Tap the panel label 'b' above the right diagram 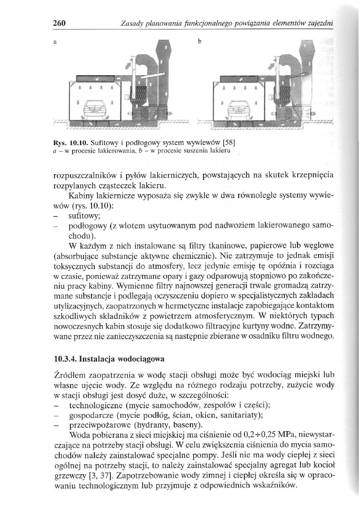[199, 42]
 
